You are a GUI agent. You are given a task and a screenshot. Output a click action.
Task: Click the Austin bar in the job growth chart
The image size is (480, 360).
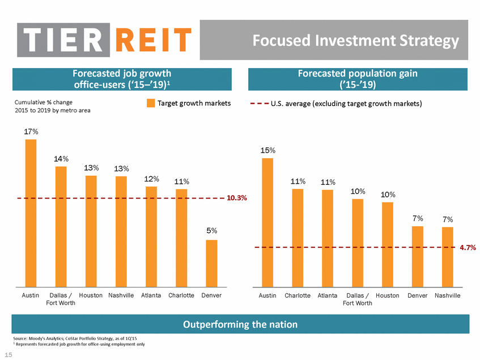click(x=31, y=213)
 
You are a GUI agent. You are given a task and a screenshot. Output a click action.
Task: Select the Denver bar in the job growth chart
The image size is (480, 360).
click(x=211, y=263)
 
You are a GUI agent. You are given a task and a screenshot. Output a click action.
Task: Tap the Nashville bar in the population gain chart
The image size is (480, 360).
click(x=448, y=256)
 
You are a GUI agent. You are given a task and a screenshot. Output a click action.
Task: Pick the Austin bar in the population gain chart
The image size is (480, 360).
click(x=267, y=222)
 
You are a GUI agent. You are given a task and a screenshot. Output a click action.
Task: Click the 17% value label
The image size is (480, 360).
click(x=31, y=132)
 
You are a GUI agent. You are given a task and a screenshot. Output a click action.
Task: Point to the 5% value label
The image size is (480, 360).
click(x=211, y=231)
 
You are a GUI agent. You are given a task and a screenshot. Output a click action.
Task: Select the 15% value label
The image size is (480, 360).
click(x=267, y=150)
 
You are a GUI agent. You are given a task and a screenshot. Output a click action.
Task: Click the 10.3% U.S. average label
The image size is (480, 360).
click(x=237, y=198)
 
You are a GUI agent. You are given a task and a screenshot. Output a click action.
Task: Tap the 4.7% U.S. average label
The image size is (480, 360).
click(x=468, y=248)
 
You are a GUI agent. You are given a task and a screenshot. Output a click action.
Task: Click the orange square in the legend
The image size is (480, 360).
click(x=151, y=103)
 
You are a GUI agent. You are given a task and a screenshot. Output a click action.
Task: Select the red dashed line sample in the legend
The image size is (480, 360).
click(x=260, y=104)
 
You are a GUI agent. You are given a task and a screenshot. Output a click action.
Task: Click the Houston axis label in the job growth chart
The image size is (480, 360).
click(x=91, y=295)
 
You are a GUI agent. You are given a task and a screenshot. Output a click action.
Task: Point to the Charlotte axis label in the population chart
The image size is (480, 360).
click(x=298, y=295)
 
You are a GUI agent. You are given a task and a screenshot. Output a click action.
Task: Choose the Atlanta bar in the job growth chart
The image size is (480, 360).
click(x=151, y=236)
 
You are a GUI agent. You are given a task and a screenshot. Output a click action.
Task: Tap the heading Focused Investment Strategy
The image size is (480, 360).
click(x=355, y=41)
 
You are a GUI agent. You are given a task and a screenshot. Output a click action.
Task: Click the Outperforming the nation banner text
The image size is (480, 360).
click(x=240, y=324)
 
